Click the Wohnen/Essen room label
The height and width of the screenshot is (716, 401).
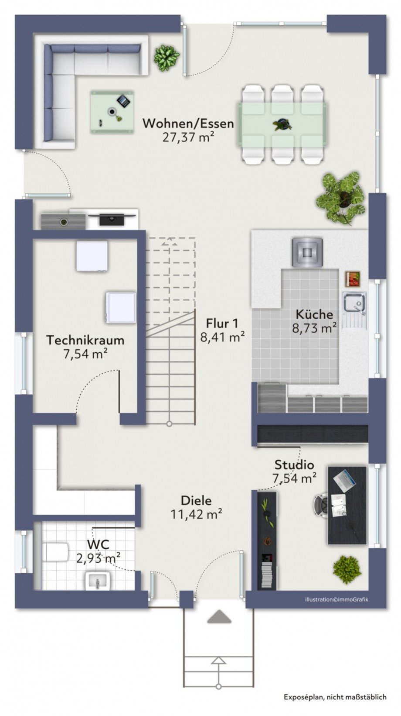click(188, 124)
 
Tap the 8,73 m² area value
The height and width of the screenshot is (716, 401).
click(314, 328)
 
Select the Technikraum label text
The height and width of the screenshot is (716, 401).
click(85, 340)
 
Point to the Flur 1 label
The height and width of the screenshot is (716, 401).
click(222, 324)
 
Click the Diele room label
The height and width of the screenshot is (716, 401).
click(196, 500)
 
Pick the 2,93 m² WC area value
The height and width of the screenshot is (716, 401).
click(98, 558)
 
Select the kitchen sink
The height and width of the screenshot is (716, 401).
click(353, 303)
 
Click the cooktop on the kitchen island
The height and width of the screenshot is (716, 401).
click(308, 252)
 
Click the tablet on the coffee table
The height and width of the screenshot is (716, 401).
click(123, 101)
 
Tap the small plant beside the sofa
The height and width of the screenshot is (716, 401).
click(166, 57)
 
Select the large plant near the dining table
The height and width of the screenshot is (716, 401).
click(341, 196)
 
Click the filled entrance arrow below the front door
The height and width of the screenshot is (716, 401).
click(219, 617)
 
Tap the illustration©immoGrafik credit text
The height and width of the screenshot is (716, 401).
click(336, 599)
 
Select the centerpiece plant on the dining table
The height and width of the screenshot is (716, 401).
click(282, 125)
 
